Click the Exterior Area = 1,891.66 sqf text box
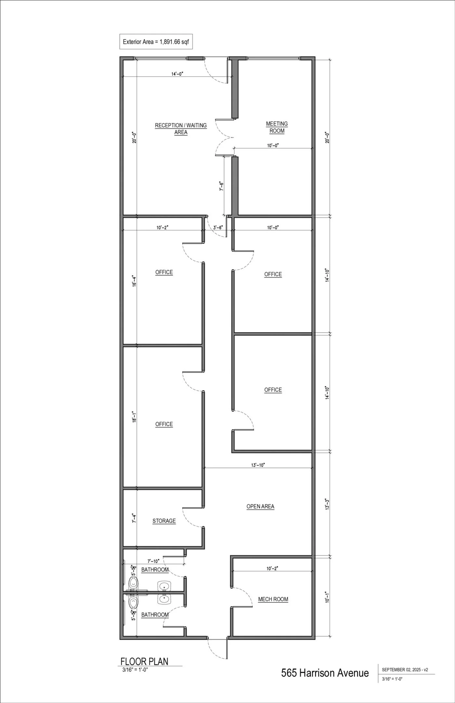coord(156,42)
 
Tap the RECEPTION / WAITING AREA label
coord(181,129)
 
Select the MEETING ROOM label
coord(277,127)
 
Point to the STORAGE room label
coord(164,521)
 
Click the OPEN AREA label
coord(260,506)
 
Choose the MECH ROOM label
coord(273,599)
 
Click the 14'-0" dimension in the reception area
coord(177,74)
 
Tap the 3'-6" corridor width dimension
coord(218,228)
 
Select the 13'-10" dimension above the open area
coord(258,465)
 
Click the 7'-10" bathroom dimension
coord(153,561)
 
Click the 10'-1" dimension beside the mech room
coord(327,597)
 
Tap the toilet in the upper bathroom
coord(133,583)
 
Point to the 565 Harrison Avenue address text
coord(325,673)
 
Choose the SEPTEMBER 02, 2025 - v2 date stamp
coord(405,670)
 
